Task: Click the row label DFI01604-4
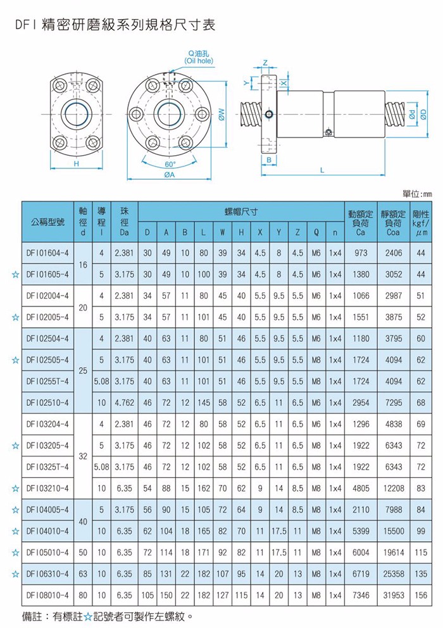point(47,253)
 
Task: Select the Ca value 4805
point(361,488)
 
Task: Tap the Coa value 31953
point(394,595)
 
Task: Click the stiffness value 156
point(421,595)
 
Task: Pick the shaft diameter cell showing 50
point(83,553)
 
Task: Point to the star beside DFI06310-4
point(16,574)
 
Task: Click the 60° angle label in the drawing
point(170,165)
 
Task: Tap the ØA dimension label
point(170,175)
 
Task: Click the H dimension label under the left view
point(76,164)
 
